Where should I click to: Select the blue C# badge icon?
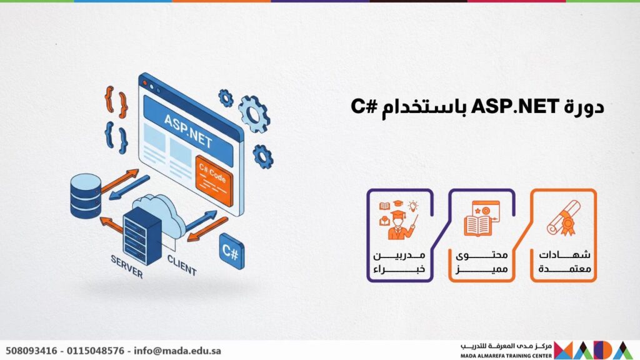[231, 251]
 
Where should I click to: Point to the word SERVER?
[127, 266]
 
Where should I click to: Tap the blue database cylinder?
[85, 196]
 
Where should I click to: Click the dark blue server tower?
[142, 236]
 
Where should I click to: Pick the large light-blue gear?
[254, 114]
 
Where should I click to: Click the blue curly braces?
[116, 137]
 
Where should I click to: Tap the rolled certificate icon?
[564, 218]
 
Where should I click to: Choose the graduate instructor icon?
[398, 219]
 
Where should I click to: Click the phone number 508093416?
[31, 351]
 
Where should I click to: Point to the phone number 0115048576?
[96, 351]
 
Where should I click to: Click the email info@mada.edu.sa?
[177, 351]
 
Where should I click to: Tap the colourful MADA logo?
[594, 350]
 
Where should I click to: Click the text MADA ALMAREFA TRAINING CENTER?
[506, 356]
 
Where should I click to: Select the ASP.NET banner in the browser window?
[189, 131]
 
